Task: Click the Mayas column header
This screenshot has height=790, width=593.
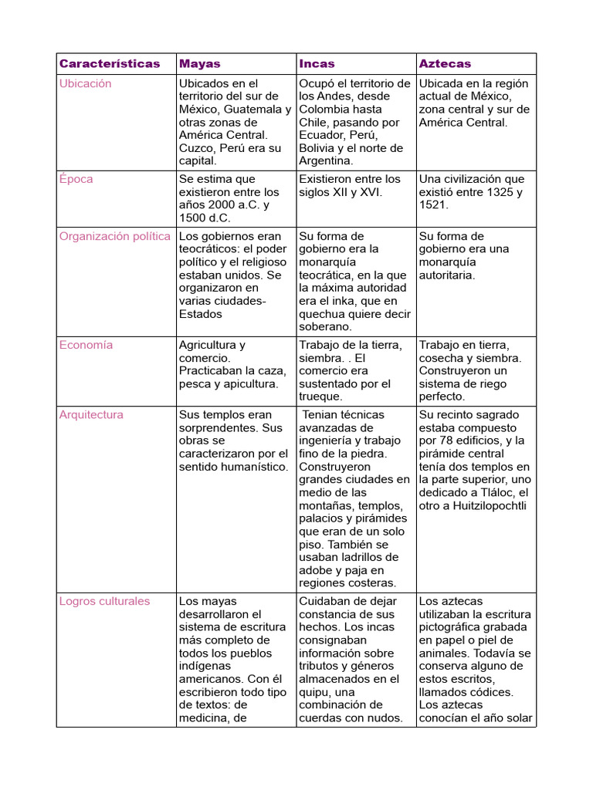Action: coord(200,64)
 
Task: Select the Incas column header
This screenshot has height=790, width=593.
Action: coord(317,64)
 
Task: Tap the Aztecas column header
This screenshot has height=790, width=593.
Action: coord(444,64)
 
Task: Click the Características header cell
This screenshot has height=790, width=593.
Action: coord(110,64)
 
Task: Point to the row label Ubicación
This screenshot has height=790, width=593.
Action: coord(85,83)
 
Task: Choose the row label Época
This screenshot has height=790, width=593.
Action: coord(76,179)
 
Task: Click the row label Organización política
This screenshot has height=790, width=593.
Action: coord(114,236)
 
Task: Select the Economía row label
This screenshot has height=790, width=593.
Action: coord(86,345)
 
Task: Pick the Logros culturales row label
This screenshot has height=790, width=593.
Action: coord(104,601)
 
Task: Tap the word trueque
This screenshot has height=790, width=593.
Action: coord(320,397)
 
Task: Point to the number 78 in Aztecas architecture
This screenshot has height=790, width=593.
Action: coord(447,441)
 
